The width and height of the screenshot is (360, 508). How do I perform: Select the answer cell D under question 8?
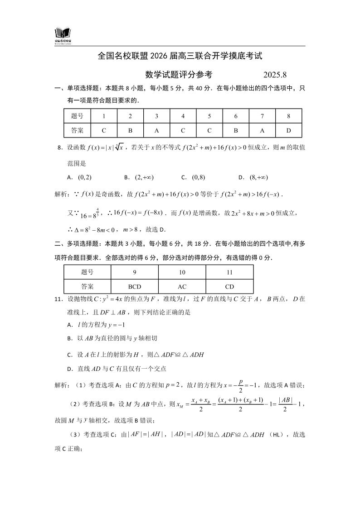pyautogui.click(x=288, y=130)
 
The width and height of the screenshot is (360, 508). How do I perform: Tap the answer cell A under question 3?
pyautogui.click(x=156, y=130)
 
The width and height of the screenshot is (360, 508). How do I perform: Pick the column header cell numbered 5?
pyautogui.click(x=209, y=116)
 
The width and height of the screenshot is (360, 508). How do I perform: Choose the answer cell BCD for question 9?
pyautogui.click(x=135, y=286)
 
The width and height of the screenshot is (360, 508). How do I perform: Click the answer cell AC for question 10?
pyautogui.click(x=182, y=286)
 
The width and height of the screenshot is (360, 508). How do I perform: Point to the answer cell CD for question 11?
pyautogui.click(x=229, y=286)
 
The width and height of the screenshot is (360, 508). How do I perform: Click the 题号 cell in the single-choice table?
pyautogui.click(x=78, y=116)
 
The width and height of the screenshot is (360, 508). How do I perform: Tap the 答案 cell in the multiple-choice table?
pyautogui.click(x=88, y=286)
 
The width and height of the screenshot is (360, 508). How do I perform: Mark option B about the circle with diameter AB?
pyautogui.click(x=112, y=338)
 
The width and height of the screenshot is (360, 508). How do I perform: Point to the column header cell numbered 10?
pyautogui.click(x=182, y=272)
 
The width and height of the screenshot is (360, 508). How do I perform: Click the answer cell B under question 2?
pyautogui.click(x=130, y=130)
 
